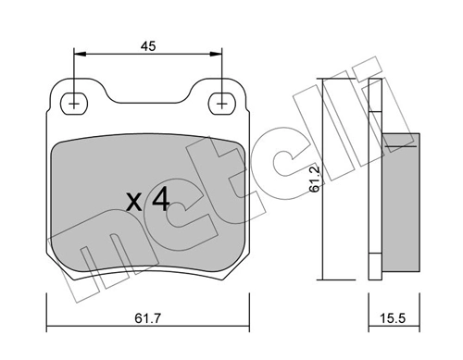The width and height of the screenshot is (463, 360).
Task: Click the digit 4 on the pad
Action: (x=159, y=198)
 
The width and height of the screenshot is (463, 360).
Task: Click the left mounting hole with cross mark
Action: (x=73, y=103)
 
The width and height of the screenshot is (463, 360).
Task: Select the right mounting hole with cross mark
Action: (x=222, y=103)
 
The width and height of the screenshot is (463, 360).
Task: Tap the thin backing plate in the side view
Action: (x=375, y=176)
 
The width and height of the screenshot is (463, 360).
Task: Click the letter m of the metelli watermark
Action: (x=102, y=268)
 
